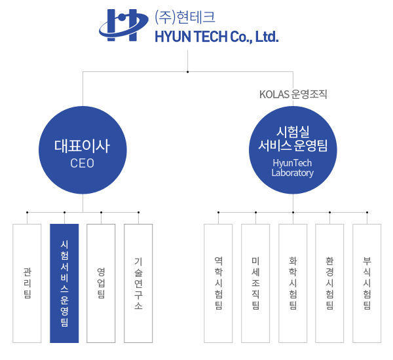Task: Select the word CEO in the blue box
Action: [83, 164]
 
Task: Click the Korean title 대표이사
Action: [83, 146]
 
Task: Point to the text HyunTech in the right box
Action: [293, 163]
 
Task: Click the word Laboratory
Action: [293, 173]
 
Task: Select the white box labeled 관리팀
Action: [27, 283]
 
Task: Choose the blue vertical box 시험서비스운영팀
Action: [64, 283]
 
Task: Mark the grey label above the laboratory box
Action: [293, 94]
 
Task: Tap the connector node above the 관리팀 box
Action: [27, 212]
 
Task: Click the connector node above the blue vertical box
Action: [64, 212]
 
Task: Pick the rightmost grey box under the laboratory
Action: [367, 283]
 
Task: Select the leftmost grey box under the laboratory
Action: [218, 283]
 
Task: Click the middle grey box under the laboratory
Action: [293, 283]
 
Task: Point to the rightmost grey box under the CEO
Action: [138, 283]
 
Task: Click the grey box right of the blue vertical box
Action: [101, 283]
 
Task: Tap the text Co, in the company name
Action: [241, 37]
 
